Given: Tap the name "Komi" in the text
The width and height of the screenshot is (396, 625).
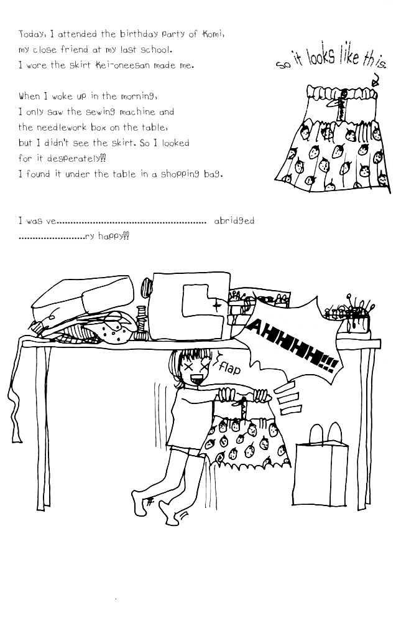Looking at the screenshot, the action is [x=213, y=34].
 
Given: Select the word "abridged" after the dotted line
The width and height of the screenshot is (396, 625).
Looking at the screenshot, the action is [x=234, y=221].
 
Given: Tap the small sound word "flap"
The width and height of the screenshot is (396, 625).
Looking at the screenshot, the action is [x=229, y=369].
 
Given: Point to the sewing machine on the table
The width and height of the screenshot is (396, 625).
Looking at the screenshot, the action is [x=191, y=306].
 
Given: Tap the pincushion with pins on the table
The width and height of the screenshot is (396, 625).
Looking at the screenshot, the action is [x=350, y=317].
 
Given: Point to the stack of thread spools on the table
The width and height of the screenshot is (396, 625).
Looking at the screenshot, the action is [x=142, y=322].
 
